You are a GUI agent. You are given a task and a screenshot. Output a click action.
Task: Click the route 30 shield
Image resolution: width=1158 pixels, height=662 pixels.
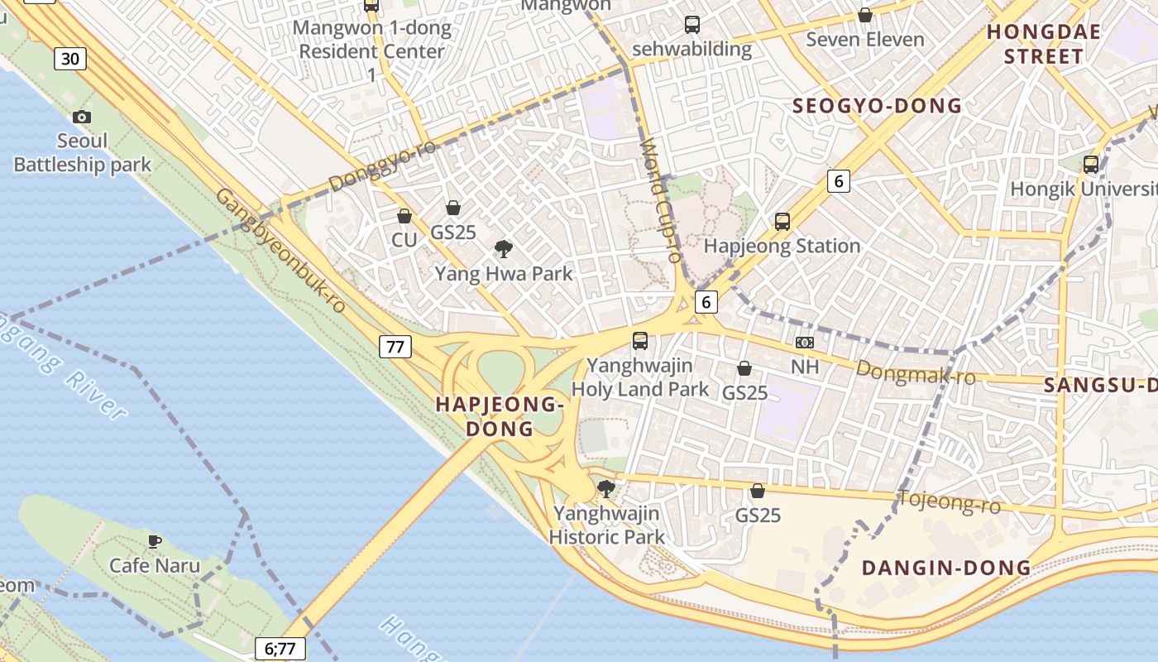pos(71,58)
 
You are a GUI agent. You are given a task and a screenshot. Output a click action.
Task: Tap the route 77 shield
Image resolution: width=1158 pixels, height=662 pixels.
pos(395,346)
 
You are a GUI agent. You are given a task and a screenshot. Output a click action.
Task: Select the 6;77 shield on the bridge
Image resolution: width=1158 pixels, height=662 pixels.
pos(280,649)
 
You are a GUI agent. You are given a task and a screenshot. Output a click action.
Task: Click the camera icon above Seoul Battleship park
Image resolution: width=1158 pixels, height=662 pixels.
pos(82,118)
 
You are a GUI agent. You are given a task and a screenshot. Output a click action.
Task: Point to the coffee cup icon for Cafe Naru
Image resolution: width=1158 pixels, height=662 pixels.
pos(154,541)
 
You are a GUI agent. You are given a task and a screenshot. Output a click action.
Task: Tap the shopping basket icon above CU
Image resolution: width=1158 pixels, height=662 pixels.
pos(404,216)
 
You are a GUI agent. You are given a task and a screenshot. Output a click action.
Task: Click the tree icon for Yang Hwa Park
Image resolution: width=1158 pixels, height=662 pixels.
pos(503,249)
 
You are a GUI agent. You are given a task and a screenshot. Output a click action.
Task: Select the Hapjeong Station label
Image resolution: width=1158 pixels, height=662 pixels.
pos(782,246)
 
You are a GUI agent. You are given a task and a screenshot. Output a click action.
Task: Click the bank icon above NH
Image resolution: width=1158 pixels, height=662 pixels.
pos(805,342)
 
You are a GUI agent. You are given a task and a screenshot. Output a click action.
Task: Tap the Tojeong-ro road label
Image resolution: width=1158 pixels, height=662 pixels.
pos(949,501)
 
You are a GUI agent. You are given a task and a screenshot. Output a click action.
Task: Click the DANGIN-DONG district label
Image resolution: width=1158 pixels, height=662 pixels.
pos(946,568)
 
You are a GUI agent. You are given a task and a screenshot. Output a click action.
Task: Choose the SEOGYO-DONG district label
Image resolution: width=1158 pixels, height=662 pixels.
pos(877,106)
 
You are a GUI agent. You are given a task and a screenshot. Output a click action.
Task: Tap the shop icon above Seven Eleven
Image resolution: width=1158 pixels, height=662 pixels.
pos(864,15)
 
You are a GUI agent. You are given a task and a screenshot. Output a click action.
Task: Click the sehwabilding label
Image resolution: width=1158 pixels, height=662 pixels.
pos(691,49)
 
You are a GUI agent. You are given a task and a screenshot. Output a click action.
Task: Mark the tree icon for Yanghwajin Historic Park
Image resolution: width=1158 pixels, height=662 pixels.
pos(606,488)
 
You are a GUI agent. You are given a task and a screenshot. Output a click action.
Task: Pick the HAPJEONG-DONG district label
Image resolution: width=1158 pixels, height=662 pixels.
pos(500,416)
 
